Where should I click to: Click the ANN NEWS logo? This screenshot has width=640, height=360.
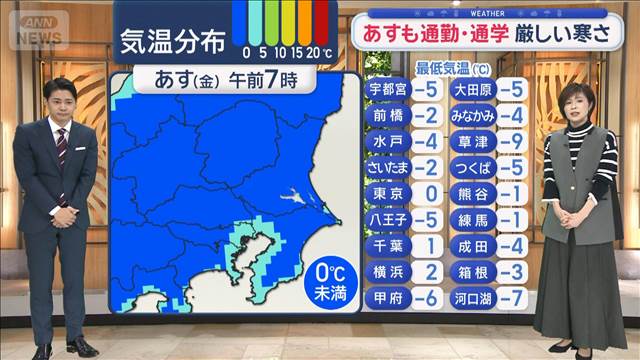pyautogui.click(x=36, y=30)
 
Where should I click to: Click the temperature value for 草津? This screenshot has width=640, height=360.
pyautogui.click(x=512, y=141)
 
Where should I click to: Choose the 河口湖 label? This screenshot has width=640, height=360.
pyautogui.click(x=468, y=297)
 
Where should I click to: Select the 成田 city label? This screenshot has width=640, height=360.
pyautogui.click(x=468, y=245)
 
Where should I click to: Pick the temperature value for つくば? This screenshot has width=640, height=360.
pyautogui.click(x=512, y=167)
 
